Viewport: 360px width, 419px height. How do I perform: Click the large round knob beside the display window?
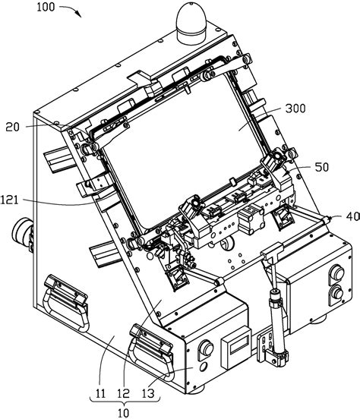(206, 349)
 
